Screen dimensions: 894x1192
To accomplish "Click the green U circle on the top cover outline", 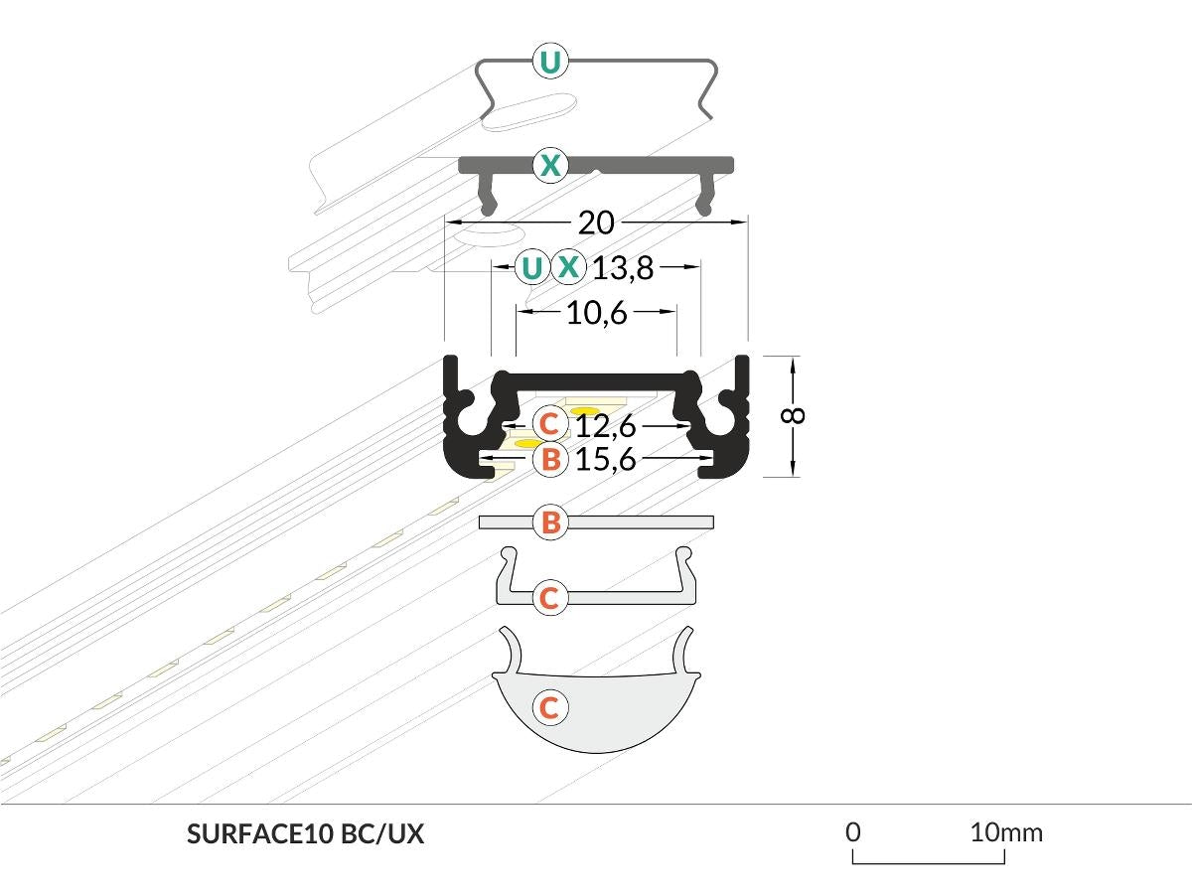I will pos(549,63).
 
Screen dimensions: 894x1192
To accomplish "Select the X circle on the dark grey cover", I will pos(549,165).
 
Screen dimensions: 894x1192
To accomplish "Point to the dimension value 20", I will pos(596,223).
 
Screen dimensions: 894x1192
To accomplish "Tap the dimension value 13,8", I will pos(623,267).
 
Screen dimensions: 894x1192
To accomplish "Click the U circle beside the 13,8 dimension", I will pos(532,267).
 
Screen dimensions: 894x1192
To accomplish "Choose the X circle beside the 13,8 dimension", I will pos(568,267).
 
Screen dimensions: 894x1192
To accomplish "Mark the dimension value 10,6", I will pos(597,314).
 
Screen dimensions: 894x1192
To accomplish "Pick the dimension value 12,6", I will pos(605,425).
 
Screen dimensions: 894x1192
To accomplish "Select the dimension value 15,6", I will pos(605,459).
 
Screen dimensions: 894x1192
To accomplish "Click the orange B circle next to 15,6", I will pos(549,459).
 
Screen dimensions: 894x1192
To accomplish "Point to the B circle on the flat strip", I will pos(550,522).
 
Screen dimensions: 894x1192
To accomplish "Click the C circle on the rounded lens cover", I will pos(549,707).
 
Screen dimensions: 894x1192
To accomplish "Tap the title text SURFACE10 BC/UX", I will pos(305,834).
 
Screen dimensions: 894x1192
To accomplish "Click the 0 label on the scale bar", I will pos(852,831).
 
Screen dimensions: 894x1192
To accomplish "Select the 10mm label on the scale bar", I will pos(1007,831).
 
